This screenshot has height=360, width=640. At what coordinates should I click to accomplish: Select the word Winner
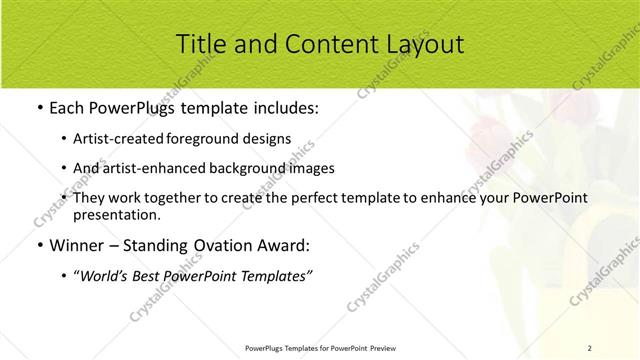click(x=76, y=244)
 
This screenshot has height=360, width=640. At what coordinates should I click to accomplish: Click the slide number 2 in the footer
click(x=589, y=347)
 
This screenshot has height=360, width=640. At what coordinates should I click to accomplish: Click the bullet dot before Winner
click(x=38, y=245)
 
